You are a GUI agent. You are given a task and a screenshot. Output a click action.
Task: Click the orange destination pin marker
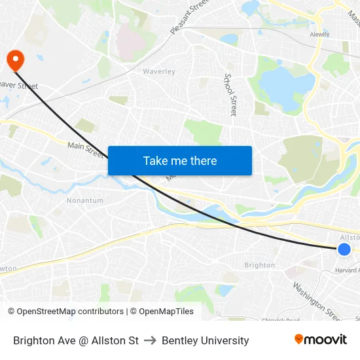click(14, 60)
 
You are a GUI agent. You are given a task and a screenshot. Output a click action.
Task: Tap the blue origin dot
click(344, 249)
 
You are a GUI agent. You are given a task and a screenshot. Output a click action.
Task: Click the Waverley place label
click(159, 71)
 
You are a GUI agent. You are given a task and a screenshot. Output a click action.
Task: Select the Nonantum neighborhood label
click(84, 200)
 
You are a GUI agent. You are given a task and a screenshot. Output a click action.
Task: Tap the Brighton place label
click(260, 265)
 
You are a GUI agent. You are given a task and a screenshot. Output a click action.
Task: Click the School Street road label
click(230, 95)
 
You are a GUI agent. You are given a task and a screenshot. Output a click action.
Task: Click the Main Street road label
click(86, 150)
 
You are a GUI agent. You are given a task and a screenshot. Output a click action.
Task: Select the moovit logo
click(320, 340)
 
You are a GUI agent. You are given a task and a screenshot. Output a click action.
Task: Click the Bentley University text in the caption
click(206, 340)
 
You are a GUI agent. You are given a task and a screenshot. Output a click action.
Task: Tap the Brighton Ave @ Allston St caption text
click(76, 340)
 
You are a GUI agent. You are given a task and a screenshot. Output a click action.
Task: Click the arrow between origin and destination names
click(151, 340)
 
